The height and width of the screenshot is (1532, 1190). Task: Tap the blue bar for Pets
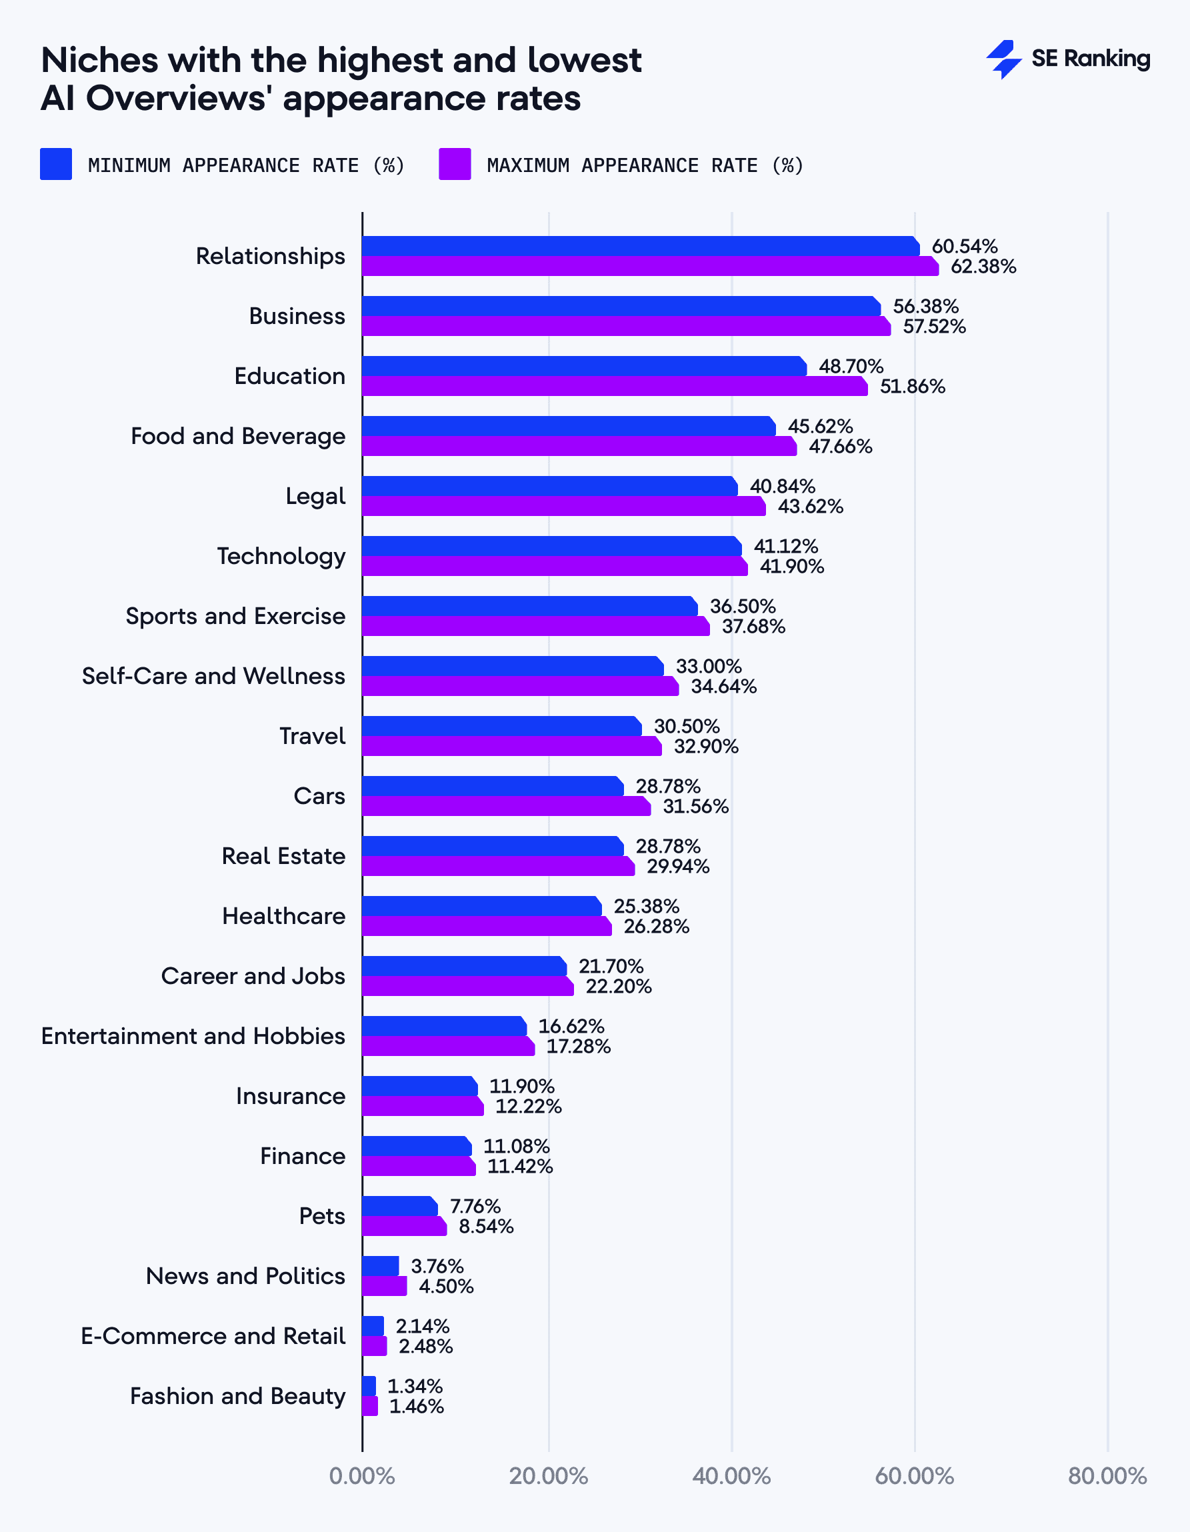point(399,1207)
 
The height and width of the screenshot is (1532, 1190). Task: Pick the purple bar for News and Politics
point(384,1287)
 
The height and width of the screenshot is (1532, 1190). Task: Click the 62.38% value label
point(983,267)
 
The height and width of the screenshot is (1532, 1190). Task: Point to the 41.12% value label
point(786,547)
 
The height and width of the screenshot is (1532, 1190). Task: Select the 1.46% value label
point(416,1407)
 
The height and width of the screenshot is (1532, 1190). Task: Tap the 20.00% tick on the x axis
point(548,1476)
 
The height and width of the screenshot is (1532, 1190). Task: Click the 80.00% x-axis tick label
point(1107,1476)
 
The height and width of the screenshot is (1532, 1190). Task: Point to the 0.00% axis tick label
point(361,1476)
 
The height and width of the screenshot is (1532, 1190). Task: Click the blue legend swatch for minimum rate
point(56,164)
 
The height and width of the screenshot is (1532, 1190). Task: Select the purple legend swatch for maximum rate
point(455,164)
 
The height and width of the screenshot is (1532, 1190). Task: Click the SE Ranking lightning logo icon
point(1003,59)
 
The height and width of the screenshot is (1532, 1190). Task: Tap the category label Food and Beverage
point(238,436)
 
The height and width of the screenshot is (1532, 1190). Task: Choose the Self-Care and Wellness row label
point(213,676)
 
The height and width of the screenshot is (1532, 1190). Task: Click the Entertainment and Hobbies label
point(193,1036)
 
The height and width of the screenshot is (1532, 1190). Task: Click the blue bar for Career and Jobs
point(464,967)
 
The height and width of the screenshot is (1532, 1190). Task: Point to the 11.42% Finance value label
point(520,1167)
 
